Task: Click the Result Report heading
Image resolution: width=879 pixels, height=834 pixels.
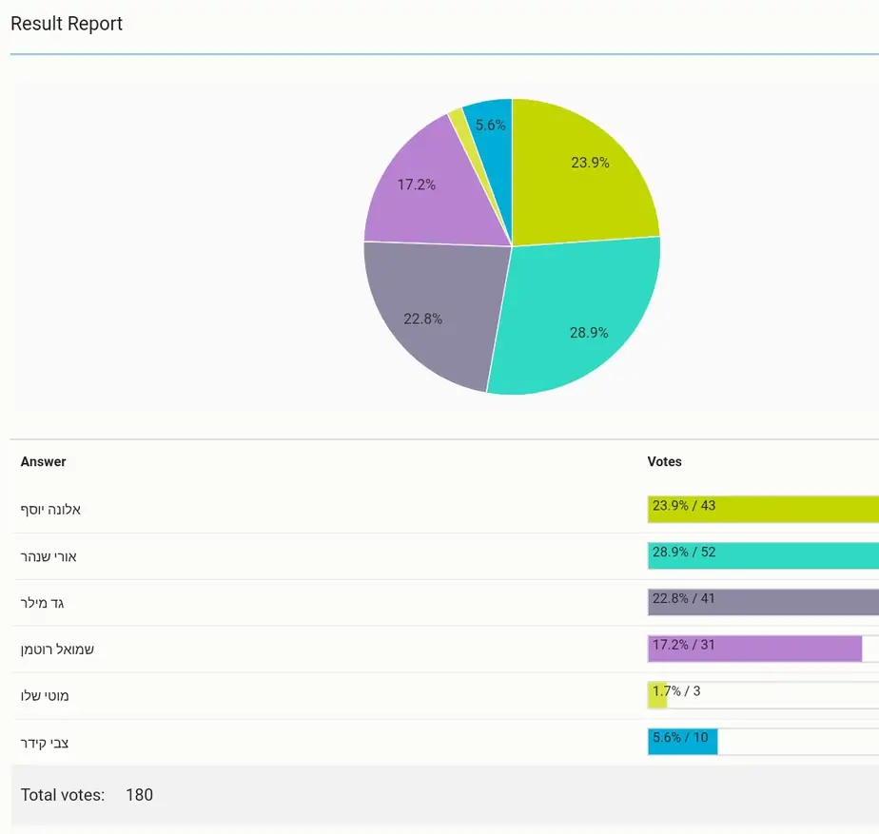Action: coord(67,24)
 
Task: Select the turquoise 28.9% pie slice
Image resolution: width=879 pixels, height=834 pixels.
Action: coord(577,320)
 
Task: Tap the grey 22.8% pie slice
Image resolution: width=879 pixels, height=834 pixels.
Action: coord(432,311)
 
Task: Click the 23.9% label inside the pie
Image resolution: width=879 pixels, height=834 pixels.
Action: coord(590,163)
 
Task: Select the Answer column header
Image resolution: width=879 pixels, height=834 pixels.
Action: coord(43,461)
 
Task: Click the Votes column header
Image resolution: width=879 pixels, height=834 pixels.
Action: coord(664,461)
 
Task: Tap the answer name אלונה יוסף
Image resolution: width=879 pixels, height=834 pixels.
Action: coord(50,510)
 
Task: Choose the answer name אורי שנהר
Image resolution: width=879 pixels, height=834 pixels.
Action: coord(49,556)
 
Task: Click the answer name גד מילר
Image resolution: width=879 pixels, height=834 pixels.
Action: coord(42,603)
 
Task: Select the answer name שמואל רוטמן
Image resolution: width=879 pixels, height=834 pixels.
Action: coord(57,650)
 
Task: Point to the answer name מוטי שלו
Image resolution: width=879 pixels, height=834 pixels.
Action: coord(45,696)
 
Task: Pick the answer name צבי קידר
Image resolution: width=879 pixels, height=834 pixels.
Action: coord(45,744)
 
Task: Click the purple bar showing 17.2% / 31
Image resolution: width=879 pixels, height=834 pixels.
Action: coord(754,649)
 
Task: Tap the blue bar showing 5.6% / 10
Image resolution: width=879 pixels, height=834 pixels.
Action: coord(683,742)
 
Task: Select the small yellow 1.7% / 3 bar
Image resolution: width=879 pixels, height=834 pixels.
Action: coord(657,695)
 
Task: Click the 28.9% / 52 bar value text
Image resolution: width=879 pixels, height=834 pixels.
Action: coord(684,553)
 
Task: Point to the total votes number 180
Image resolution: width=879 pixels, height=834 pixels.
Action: coord(139,795)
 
